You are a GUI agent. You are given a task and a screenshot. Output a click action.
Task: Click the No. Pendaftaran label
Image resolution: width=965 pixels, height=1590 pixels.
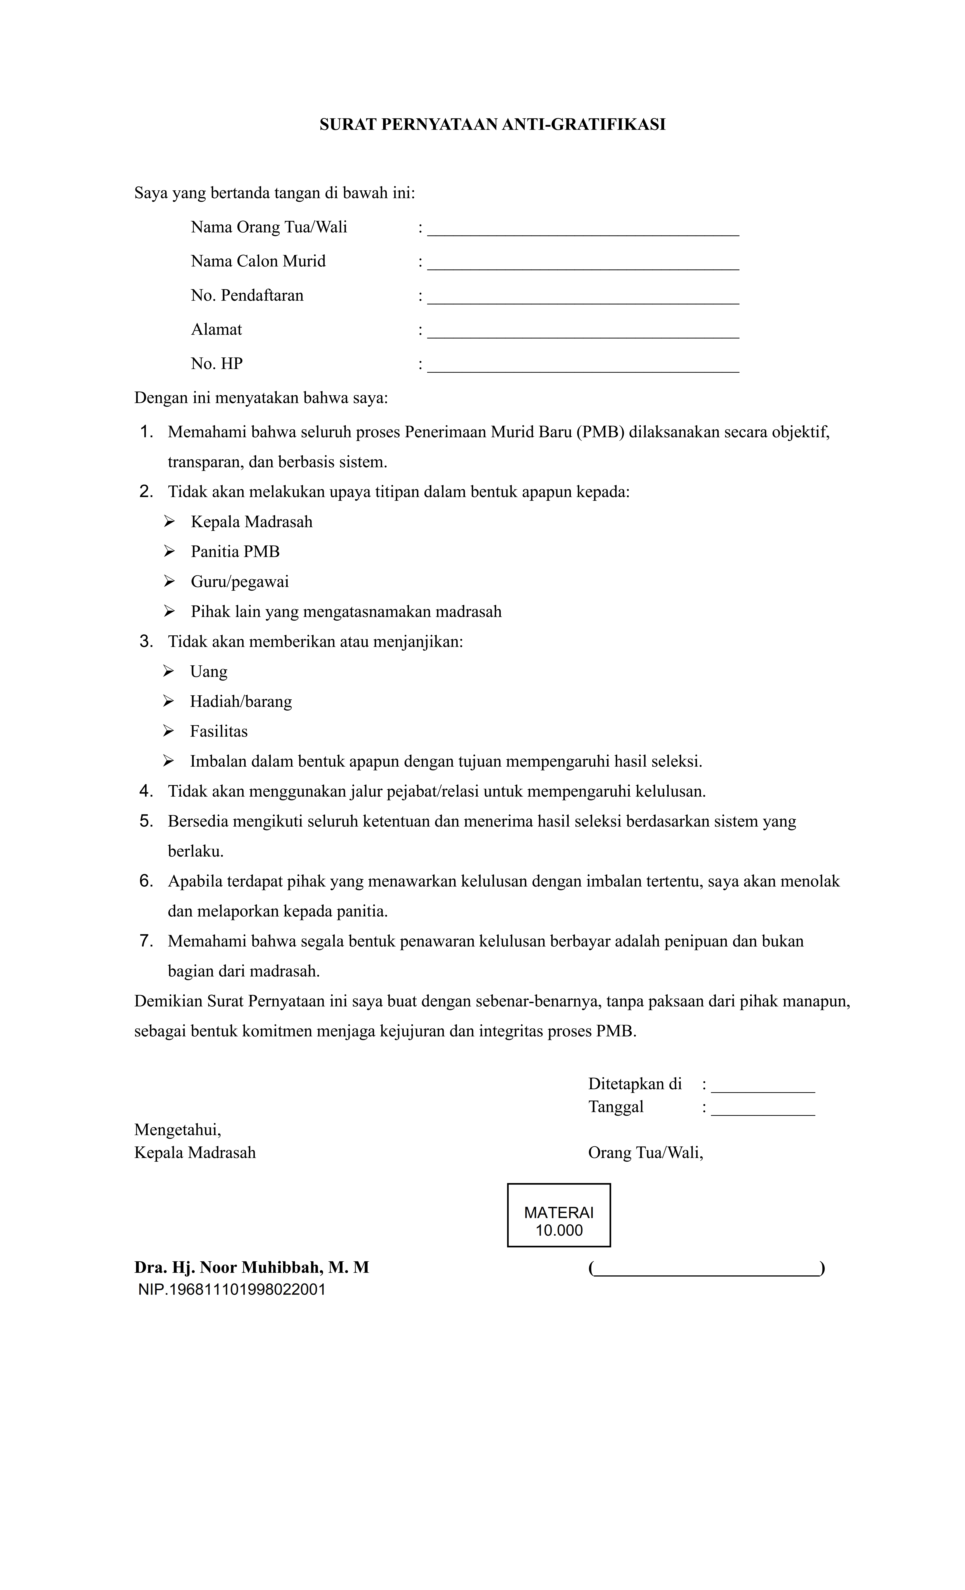247,295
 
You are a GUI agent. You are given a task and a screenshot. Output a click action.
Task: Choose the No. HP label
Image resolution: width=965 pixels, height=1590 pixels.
217,364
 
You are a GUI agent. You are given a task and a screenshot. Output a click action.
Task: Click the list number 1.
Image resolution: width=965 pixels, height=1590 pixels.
146,432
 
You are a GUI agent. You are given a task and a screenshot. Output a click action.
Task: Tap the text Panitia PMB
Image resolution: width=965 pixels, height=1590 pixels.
235,552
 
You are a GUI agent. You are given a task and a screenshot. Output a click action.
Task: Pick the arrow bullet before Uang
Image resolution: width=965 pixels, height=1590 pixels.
168,671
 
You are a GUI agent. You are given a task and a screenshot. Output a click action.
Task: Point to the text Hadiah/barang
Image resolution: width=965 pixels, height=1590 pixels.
241,701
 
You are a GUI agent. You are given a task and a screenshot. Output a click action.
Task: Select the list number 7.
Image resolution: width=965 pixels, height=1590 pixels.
146,941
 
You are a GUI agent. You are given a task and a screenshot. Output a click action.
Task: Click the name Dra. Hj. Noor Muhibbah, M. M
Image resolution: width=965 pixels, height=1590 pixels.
252,1267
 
